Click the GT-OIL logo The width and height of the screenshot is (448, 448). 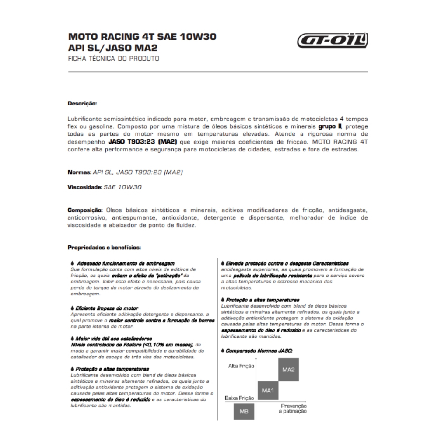(x=332, y=42)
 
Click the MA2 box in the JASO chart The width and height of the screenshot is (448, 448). (x=288, y=370)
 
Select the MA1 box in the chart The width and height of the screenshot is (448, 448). (x=268, y=390)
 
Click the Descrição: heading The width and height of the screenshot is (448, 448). (x=82, y=104)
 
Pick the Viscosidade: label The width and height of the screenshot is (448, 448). (x=85, y=187)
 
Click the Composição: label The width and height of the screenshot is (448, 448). (x=85, y=210)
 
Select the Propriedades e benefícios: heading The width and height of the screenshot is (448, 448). (x=104, y=248)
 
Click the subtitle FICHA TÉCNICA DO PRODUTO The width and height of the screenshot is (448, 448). (x=113, y=58)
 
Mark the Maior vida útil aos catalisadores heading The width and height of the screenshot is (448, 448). (x=114, y=339)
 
